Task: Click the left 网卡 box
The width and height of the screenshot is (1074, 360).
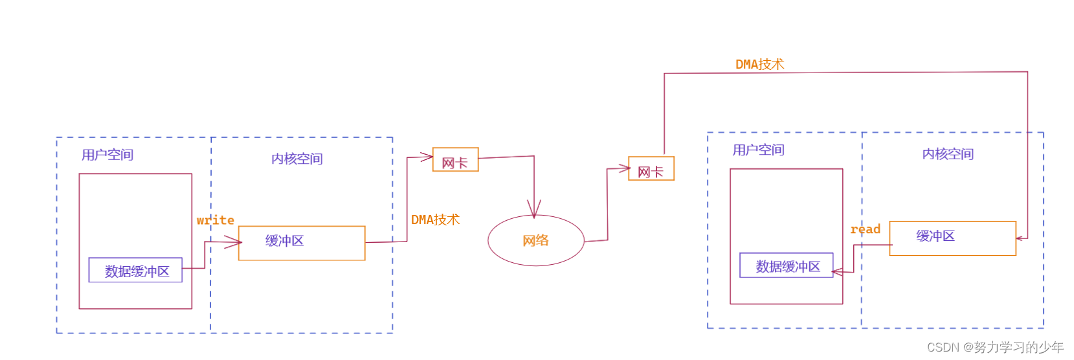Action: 455,160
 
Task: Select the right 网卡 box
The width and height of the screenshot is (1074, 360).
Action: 651,169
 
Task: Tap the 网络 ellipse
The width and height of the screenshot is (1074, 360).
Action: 536,241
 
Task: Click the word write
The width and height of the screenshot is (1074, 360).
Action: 216,220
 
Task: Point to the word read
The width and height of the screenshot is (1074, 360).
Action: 866,229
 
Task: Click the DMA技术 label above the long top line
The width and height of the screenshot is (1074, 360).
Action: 759,64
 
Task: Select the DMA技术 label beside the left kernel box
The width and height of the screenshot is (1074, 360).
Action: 435,219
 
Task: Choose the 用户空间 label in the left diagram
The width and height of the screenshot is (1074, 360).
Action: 107,155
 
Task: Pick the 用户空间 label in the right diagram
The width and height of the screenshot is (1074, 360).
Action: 758,150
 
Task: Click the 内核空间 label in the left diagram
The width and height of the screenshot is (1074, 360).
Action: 297,159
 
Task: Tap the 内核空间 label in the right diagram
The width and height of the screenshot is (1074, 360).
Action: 948,154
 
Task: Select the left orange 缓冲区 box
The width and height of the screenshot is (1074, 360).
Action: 302,243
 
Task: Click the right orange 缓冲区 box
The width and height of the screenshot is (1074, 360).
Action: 952,238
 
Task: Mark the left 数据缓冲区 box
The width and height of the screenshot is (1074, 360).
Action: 135,270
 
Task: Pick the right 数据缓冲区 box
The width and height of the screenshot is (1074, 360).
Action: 787,265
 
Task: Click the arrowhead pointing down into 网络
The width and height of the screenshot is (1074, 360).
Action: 534,210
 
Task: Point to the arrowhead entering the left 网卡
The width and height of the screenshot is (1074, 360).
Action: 427,157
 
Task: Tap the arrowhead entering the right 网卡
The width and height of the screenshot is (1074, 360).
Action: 624,168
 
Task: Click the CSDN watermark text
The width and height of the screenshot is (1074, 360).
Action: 995,347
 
